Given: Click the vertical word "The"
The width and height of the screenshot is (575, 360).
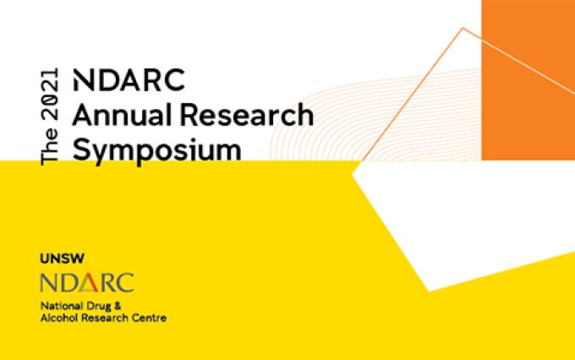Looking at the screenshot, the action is click(50, 146).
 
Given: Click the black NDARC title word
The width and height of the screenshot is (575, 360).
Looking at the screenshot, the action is click(129, 80).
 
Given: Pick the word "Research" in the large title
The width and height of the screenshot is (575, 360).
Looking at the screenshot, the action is click(247, 115).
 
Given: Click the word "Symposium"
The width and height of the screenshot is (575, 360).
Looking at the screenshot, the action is click(157, 150).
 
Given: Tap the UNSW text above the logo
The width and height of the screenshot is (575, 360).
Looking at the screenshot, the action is click(62, 259).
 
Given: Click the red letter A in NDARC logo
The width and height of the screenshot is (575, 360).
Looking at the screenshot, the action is click(89, 282).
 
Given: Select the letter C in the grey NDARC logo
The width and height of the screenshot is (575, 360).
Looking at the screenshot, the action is click(125, 282).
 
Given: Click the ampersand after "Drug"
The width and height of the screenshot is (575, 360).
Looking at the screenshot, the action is click(118, 306).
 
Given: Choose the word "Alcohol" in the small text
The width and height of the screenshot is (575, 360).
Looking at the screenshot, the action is click(59, 318).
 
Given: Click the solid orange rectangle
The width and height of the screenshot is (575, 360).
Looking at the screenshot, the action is click(528, 80).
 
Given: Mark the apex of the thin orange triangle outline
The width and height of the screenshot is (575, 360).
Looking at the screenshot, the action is click(463, 28).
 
